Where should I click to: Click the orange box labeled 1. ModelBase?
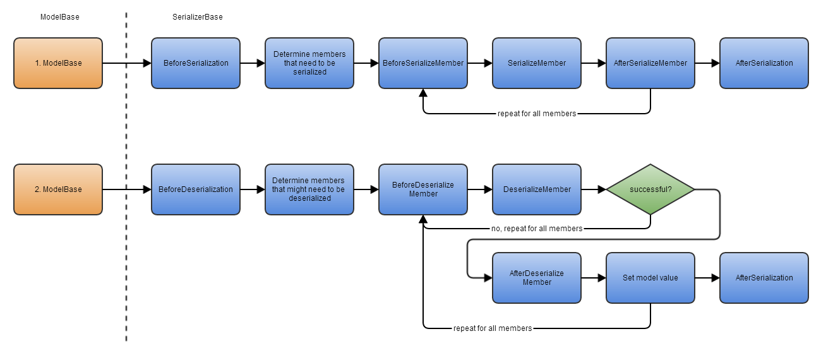58,63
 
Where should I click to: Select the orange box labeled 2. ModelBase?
58,189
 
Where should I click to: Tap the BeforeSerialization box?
196,63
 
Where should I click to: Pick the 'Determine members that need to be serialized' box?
309,63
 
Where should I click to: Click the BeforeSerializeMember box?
423,63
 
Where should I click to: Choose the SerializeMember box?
537,63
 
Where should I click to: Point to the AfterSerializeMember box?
650,63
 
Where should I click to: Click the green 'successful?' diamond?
650,189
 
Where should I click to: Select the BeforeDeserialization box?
196,189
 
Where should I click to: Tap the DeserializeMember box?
537,189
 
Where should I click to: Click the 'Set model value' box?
650,278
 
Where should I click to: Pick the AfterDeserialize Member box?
537,278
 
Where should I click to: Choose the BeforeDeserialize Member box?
423,189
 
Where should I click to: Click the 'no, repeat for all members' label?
537,229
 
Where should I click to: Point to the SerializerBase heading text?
198,17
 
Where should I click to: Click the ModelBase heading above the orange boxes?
60,17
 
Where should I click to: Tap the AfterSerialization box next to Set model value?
764,278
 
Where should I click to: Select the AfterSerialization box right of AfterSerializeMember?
764,63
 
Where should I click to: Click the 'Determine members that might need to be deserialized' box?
309,189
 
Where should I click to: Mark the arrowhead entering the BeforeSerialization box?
147,63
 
